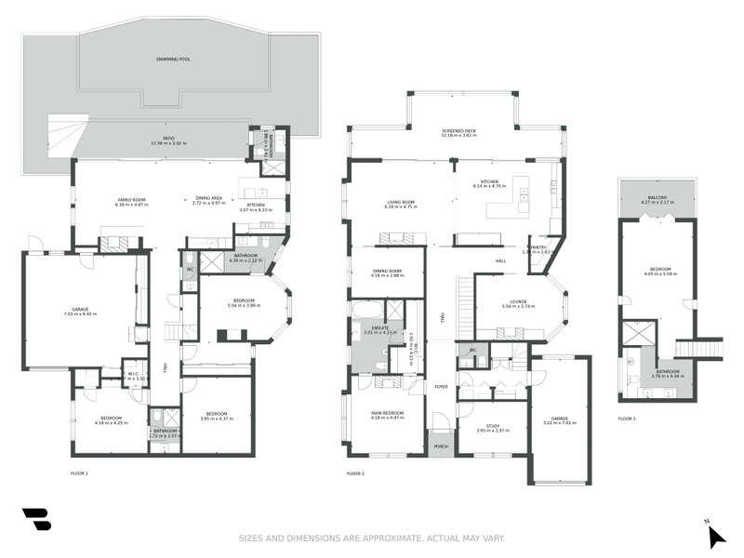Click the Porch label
(441, 446)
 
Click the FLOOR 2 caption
(355, 473)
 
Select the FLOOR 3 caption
(629, 418)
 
